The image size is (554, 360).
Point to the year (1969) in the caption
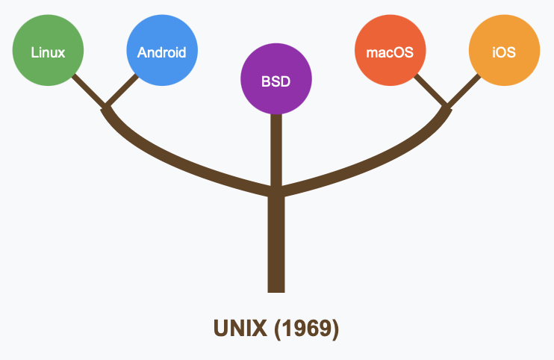(x=306, y=328)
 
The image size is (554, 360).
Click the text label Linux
(x=48, y=53)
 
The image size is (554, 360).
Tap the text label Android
(x=162, y=53)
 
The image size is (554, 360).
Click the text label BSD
(x=276, y=81)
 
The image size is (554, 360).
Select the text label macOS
(x=390, y=53)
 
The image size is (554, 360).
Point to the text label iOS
(x=504, y=53)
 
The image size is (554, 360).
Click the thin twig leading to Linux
(x=89, y=89)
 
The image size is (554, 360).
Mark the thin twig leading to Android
(x=122, y=90)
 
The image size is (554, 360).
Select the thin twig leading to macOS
(x=430, y=89)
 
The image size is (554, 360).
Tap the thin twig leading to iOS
(x=464, y=90)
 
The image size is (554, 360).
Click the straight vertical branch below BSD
(x=276, y=149)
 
